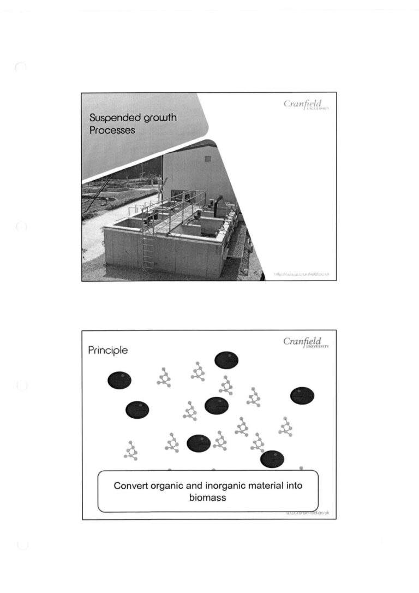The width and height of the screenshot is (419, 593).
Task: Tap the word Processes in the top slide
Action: (x=112, y=131)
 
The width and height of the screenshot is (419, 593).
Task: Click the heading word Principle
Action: (x=108, y=351)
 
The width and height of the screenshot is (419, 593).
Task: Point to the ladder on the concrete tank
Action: (x=148, y=248)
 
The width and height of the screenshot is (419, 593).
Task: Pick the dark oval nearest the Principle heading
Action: (x=119, y=380)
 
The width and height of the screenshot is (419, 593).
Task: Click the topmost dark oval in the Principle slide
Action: (x=226, y=360)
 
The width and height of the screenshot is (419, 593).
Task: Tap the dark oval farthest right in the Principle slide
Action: (x=302, y=395)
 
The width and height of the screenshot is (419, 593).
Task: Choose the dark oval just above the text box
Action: (x=272, y=460)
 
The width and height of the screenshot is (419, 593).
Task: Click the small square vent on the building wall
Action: (x=207, y=159)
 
